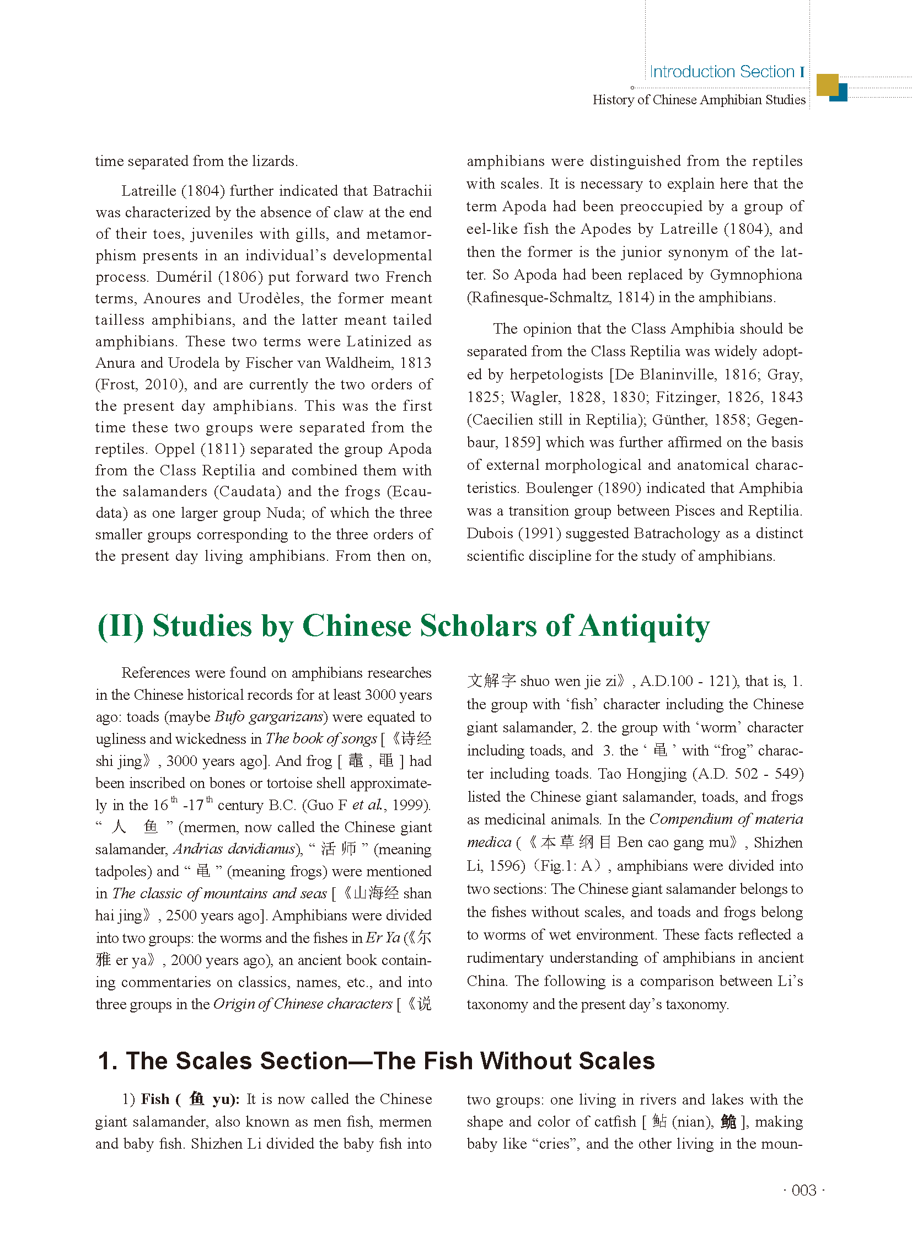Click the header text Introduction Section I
[x=726, y=72]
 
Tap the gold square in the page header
[x=827, y=84]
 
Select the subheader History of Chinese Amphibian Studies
[x=699, y=100]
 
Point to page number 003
[x=803, y=1190]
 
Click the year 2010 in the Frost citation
[x=164, y=384]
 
